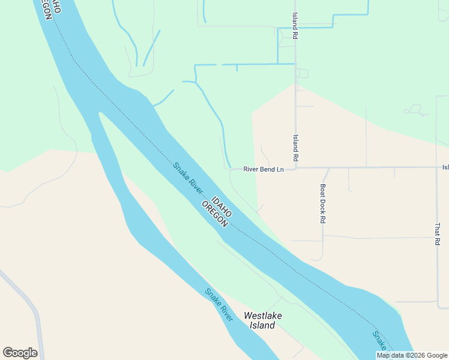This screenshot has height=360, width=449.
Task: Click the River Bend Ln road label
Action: coord(263,169)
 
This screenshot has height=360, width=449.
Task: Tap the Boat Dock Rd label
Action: coord(322,203)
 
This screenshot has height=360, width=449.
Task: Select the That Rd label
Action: coord(438,233)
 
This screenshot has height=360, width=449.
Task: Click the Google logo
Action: coord(20,353)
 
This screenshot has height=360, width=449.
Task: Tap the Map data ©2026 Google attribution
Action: coord(412,355)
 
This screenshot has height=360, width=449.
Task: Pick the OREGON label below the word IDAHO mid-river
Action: coord(215,213)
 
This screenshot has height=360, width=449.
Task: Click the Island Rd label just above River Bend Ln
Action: coord(295,148)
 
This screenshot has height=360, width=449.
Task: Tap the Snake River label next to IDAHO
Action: coord(187,178)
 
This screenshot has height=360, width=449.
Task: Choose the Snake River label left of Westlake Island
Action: coord(219,304)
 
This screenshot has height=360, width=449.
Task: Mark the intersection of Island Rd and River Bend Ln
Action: coord(295,168)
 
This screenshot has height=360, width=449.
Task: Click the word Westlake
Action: coord(263,316)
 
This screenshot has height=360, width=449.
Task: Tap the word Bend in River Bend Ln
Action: coord(265,169)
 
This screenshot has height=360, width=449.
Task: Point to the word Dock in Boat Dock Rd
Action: coord(322,203)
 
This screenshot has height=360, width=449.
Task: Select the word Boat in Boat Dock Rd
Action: coord(322,190)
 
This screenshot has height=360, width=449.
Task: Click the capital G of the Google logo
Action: coord(7,353)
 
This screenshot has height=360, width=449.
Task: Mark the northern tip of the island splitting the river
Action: coord(100,112)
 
